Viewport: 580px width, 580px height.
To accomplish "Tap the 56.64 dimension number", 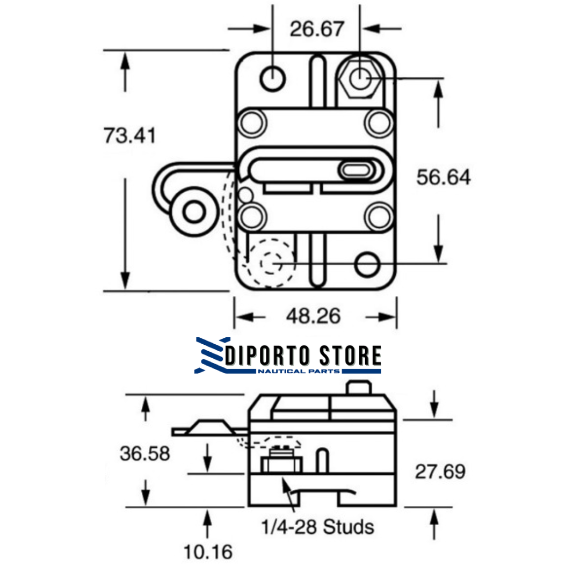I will (444, 177).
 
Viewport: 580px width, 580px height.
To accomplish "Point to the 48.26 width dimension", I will (313, 316).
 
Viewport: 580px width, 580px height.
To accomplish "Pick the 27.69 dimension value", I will (440, 472).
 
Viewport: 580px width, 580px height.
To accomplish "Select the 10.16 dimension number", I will (208, 551).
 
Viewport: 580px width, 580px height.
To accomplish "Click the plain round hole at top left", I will (273, 78).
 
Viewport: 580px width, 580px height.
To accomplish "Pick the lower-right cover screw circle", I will (378, 216).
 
